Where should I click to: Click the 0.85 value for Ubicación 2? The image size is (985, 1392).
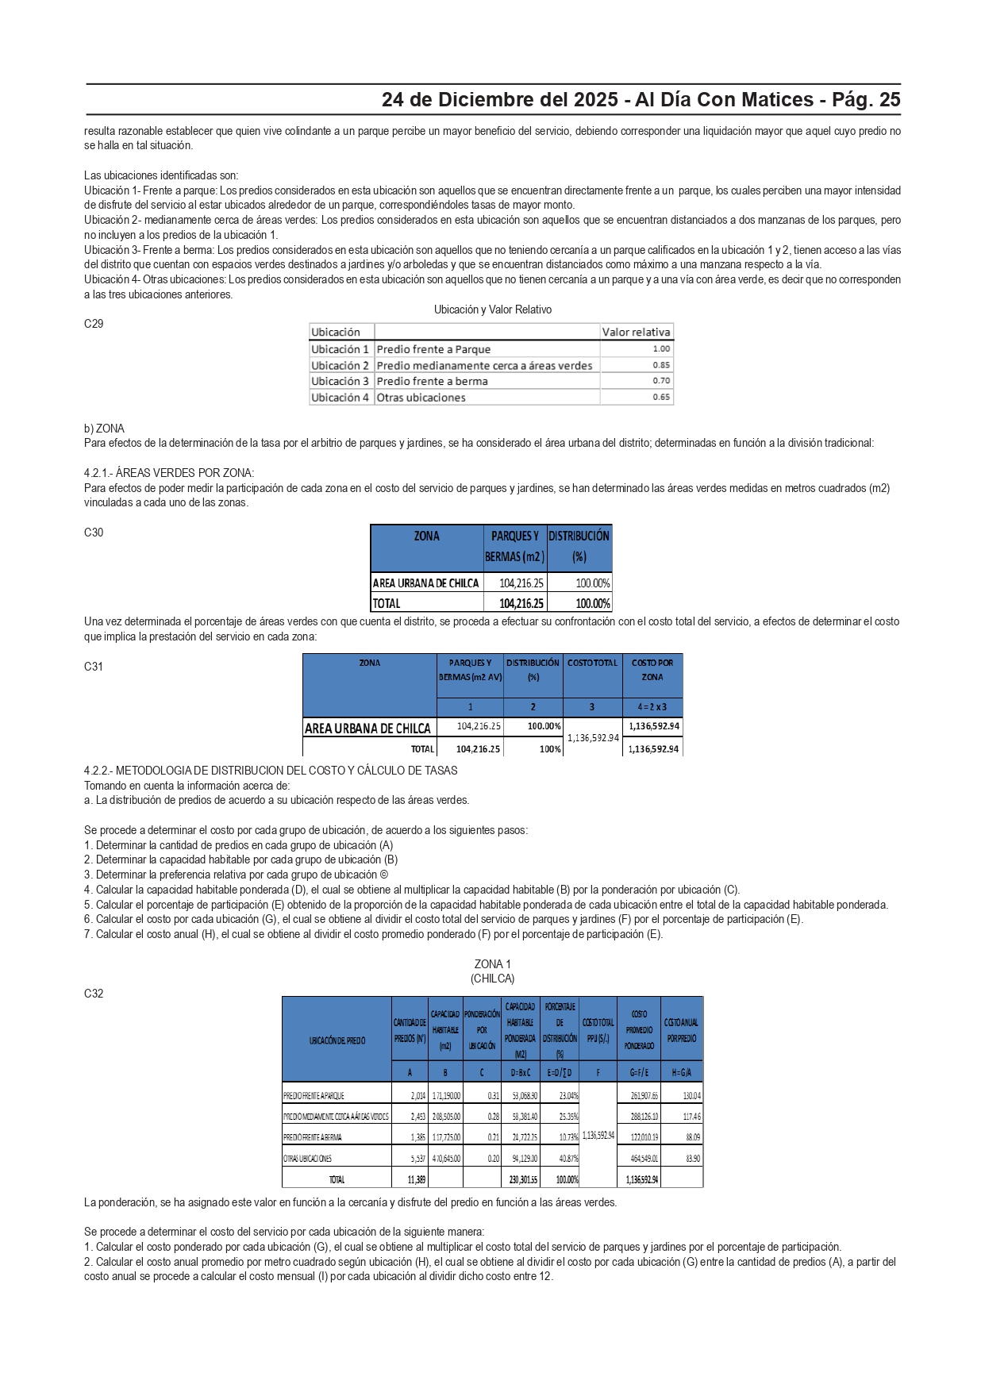coord(660,365)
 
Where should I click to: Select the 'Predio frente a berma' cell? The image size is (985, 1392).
coord(432,381)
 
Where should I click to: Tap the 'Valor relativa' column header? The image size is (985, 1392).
coord(636,332)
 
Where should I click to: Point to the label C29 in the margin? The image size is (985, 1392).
coord(94,324)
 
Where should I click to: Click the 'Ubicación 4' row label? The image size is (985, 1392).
coord(340,398)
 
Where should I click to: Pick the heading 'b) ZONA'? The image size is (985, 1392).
coord(104,429)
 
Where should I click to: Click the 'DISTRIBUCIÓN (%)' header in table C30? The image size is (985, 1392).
coord(579,546)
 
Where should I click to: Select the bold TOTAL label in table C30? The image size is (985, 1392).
coord(387,603)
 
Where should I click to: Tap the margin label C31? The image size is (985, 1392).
coord(94,667)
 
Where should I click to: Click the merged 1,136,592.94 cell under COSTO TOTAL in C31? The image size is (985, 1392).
coord(592,737)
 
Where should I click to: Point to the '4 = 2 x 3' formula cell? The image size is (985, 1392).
coord(652,706)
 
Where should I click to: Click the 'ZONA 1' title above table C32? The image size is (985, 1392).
coord(492,964)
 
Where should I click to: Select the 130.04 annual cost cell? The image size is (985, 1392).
coord(691,1096)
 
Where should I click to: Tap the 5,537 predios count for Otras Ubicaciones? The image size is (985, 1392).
coord(417,1159)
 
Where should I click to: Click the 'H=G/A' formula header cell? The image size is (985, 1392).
coord(681,1072)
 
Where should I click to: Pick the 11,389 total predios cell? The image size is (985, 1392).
coord(416,1179)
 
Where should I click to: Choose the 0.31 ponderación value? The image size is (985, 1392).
coord(493,1096)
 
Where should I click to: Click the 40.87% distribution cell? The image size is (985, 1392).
coord(567,1159)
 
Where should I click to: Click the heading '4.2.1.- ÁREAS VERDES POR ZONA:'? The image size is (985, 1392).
coord(169,473)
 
